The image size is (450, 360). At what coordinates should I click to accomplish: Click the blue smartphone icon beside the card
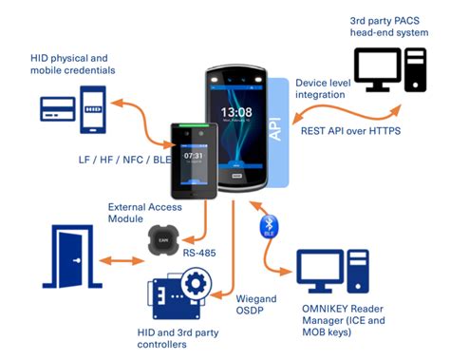pyautogui.click(x=93, y=107)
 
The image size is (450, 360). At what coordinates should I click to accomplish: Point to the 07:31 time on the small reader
pyautogui.click(x=194, y=155)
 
